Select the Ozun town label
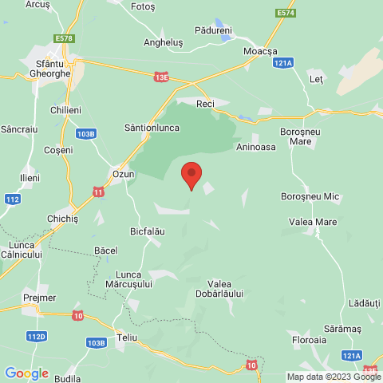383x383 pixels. tap(123, 173)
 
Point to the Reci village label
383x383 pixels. tap(206, 105)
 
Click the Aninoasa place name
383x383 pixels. tap(255, 147)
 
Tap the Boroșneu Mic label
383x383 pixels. tap(310, 195)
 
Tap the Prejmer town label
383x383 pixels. tap(40, 298)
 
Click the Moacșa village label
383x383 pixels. tap(259, 50)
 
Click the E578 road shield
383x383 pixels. tap(65, 38)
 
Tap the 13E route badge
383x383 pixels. tap(161, 77)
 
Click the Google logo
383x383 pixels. tap(26, 373)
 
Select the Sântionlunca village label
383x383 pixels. tap(147, 127)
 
